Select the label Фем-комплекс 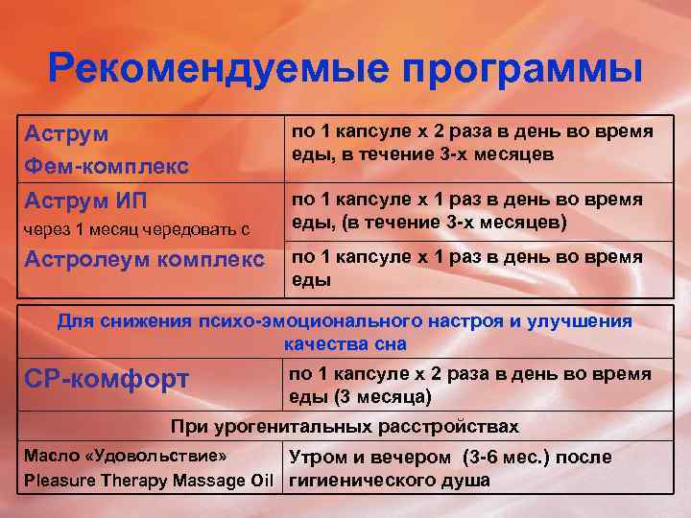coord(106,166)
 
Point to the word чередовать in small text coord(191,229)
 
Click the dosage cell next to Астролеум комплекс coord(470,269)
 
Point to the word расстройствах coord(451,426)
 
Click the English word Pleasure coord(60,480)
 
